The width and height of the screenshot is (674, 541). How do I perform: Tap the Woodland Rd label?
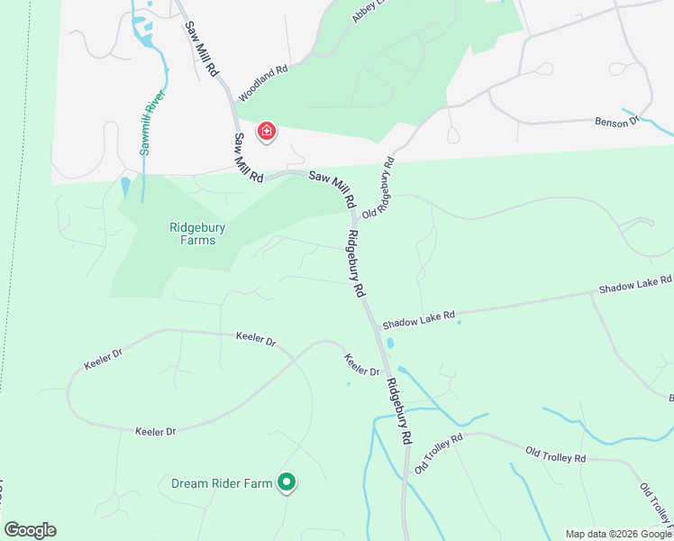click(x=262, y=81)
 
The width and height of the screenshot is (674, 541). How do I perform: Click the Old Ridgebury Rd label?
click(x=378, y=188)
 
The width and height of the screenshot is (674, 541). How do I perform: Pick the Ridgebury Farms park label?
click(x=197, y=234)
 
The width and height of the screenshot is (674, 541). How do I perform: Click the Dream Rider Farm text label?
click(x=222, y=484)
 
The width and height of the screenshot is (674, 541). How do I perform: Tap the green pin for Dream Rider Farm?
click(x=287, y=484)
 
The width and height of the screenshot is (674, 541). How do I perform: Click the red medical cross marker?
click(x=267, y=133)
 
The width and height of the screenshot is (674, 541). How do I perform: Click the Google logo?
click(x=30, y=530)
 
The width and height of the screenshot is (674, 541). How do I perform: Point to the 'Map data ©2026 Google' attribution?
click(x=618, y=534)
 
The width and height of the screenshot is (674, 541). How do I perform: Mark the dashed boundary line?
click(x=12, y=270)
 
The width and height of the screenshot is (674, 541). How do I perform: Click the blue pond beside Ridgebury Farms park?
click(x=124, y=188)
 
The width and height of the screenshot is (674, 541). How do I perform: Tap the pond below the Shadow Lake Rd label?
click(x=390, y=344)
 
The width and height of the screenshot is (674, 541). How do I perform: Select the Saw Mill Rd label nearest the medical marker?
click(x=248, y=159)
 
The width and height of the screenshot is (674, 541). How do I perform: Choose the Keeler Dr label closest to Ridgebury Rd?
click(x=361, y=365)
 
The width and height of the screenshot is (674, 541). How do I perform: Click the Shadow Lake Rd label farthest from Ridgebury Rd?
click(x=635, y=286)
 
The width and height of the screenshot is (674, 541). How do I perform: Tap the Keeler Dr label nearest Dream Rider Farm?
click(x=155, y=432)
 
